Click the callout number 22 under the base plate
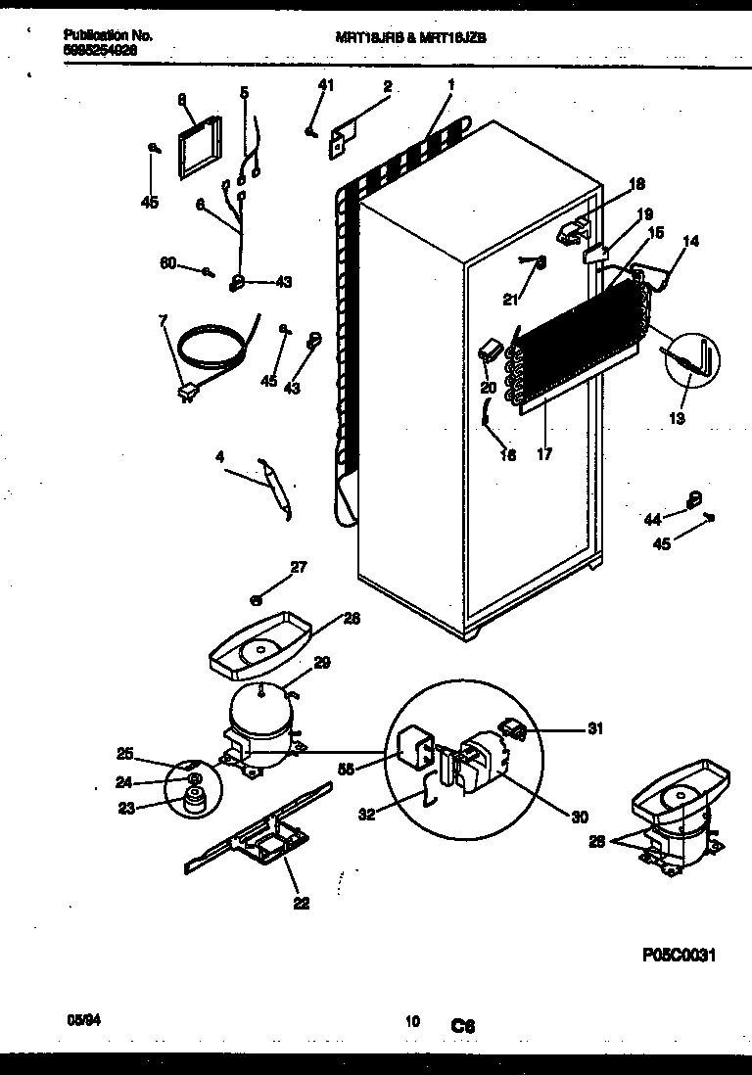(x=301, y=904)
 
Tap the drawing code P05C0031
(x=679, y=956)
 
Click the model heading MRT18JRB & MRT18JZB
(x=410, y=34)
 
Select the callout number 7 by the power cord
(x=163, y=321)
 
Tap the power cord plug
(x=185, y=393)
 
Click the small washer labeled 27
(x=255, y=598)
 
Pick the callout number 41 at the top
(x=325, y=85)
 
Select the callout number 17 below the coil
(x=544, y=453)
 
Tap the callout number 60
(x=167, y=262)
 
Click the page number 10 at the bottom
(x=412, y=1021)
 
